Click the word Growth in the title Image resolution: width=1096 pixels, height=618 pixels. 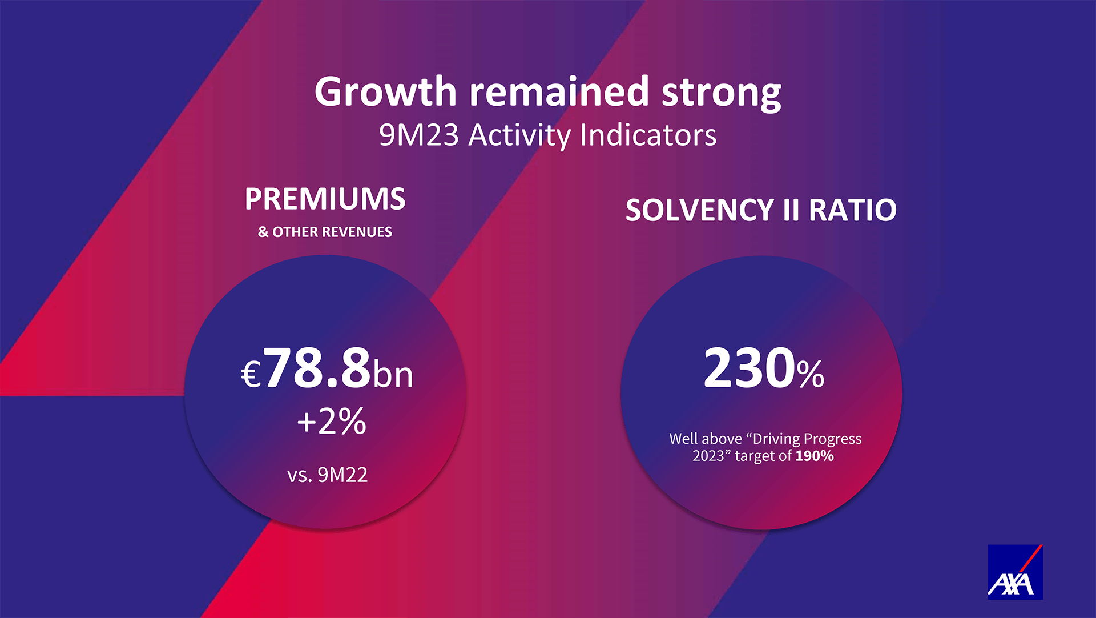386,91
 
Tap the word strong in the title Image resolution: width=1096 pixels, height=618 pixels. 721,93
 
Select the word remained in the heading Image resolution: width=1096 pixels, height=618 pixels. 559,91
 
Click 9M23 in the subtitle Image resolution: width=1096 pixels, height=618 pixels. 419,135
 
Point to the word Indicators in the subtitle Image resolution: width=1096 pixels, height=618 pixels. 648,135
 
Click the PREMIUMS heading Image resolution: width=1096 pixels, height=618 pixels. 325,199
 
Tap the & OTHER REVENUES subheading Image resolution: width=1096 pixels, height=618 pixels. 325,232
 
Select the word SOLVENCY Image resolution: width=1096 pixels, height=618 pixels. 699,210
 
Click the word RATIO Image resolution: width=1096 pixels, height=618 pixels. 852,210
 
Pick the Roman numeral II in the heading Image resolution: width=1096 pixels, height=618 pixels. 791,210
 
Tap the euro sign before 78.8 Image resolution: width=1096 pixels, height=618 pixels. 251,375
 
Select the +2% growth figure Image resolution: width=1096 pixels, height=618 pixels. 331,422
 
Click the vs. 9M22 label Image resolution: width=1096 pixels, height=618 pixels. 327,475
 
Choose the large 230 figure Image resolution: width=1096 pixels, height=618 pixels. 750,368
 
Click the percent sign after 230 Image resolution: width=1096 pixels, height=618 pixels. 811,374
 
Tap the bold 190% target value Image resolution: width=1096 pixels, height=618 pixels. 815,456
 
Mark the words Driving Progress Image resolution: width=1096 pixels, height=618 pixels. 807,439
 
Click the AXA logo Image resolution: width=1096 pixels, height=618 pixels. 1015,572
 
